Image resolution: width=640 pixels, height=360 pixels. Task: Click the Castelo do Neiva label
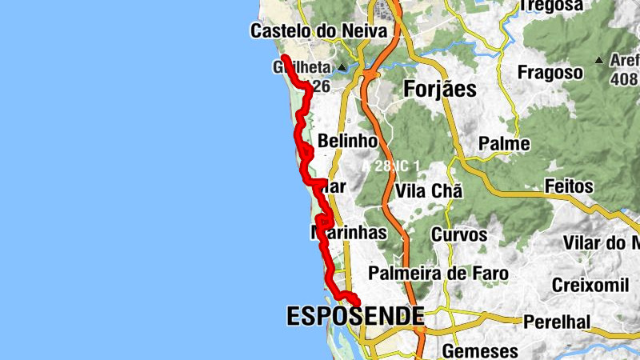(x=324, y=31)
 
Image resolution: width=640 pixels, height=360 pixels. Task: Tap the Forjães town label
(x=439, y=89)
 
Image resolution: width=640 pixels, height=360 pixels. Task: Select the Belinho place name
(x=347, y=141)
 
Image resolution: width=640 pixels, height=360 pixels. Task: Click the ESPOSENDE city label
(x=355, y=317)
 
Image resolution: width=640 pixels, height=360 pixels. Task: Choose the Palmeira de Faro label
(x=438, y=274)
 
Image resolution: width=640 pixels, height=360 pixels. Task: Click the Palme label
(x=504, y=144)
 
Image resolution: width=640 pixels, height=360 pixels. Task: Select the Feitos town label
(x=569, y=186)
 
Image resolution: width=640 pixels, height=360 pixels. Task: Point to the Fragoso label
(x=550, y=72)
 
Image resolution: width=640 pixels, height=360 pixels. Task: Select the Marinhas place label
(x=349, y=233)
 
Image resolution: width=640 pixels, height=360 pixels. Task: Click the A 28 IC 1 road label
(x=391, y=166)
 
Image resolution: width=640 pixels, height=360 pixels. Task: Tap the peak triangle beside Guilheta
(x=342, y=67)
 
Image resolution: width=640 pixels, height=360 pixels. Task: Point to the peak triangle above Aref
(x=599, y=60)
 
